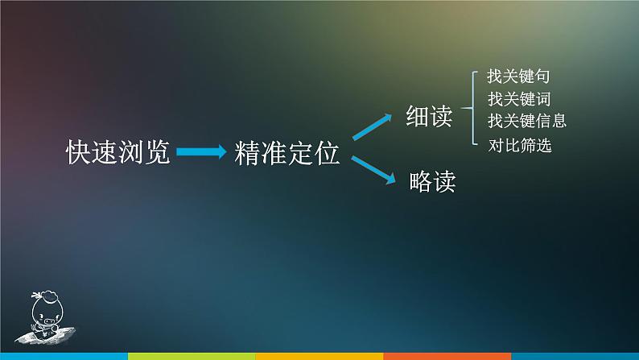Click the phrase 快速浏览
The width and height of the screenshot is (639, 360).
point(118,152)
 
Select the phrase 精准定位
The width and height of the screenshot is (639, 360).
point(287,153)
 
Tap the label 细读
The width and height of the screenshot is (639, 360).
point(429,118)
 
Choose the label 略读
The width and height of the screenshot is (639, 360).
point(432,181)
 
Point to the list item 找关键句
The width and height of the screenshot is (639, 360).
point(518,78)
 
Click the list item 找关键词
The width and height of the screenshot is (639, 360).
point(518,100)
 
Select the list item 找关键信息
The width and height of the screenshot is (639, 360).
point(526,121)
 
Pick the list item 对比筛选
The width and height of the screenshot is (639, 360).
point(520,147)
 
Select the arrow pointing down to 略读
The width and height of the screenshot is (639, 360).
point(376,170)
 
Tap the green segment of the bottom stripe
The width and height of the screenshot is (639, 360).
point(191,356)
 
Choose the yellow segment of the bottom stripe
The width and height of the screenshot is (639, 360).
point(319,356)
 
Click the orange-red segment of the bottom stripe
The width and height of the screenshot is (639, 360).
point(447,356)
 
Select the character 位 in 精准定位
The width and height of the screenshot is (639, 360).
point(327,153)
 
